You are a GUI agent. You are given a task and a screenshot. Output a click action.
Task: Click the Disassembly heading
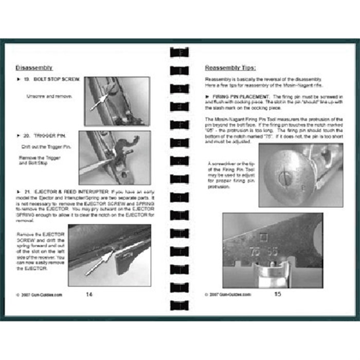[x=33, y=67]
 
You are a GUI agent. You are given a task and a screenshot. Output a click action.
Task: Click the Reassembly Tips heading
[x=230, y=67]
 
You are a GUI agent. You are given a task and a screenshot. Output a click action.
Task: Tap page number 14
[x=89, y=295]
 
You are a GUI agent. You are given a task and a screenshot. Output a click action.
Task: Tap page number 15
[x=278, y=295]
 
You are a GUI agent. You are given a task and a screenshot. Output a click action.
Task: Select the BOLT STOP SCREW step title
[x=49, y=80]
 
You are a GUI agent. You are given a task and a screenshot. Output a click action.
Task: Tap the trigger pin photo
[x=114, y=157]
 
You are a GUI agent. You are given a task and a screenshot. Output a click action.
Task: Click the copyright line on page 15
[x=228, y=295]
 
